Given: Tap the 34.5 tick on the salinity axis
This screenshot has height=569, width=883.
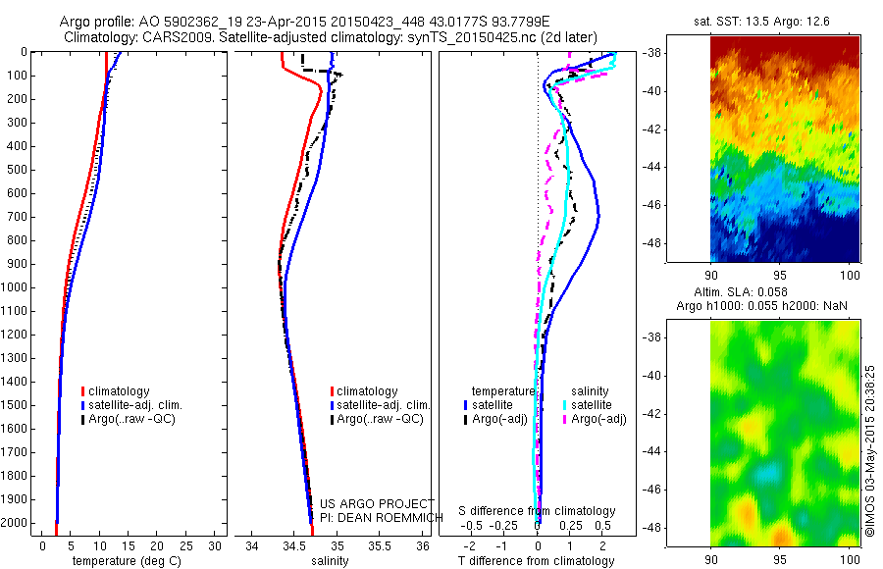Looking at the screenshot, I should coord(294,545).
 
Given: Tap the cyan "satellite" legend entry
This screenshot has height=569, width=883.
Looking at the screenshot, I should coord(592,405).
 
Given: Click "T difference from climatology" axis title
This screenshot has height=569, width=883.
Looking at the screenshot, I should coord(536,561).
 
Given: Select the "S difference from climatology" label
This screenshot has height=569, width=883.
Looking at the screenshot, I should coord(537,512).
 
